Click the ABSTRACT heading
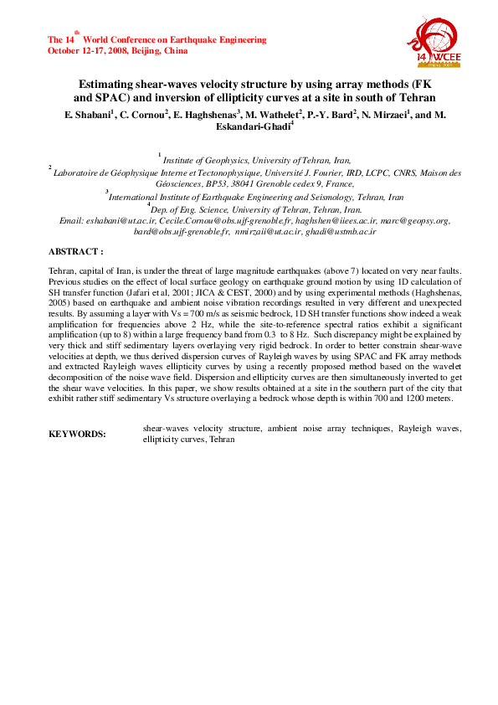coord(76,251)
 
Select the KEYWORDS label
coord(78,435)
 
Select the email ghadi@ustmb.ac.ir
coord(347,230)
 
